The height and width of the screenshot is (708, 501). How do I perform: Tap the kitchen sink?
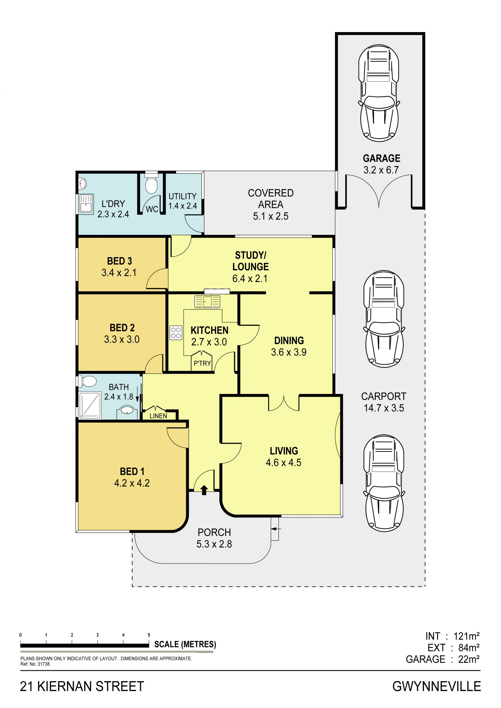207,301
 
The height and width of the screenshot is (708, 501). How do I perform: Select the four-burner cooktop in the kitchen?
176,333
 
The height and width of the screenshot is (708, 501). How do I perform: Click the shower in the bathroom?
90,405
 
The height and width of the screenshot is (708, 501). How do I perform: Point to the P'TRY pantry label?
202,363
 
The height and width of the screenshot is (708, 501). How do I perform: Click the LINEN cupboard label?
158,416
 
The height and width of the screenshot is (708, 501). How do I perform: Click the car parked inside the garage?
379,93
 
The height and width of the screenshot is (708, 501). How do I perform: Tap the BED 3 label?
120,261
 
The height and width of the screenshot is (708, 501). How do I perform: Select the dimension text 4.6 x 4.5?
284,462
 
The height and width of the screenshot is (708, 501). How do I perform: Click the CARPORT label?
384,396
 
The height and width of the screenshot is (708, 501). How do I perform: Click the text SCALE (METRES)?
185,644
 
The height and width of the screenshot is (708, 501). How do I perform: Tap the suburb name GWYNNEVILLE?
437,686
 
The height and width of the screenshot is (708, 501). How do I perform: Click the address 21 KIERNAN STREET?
82,686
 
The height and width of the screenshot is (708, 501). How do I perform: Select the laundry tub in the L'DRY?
86,204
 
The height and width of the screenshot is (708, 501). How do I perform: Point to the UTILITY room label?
182,196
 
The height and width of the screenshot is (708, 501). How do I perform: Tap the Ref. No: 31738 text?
35,664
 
